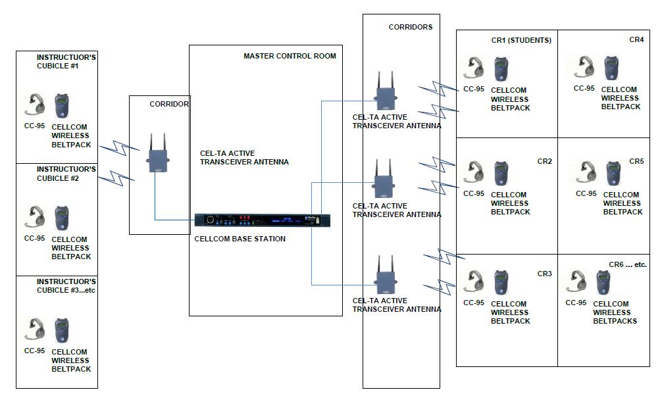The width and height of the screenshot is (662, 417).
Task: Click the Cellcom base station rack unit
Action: [x=262, y=220]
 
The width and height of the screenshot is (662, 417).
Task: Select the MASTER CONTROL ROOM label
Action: [x=290, y=57]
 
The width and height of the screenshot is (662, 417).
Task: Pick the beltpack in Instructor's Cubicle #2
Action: [x=62, y=219]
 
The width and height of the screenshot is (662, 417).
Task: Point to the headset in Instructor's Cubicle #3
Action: [x=36, y=329]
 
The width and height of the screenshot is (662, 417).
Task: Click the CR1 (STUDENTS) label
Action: [x=521, y=41]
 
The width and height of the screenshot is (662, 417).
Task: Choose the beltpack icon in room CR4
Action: [x=611, y=69]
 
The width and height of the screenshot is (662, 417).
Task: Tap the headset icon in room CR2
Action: [x=474, y=172]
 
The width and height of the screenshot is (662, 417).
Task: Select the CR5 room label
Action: [x=636, y=161]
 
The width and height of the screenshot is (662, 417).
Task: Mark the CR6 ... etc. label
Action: [x=628, y=264]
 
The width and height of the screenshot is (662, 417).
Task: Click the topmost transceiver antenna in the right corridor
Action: [x=385, y=91]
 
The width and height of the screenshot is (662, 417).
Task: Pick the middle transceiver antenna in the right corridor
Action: [x=384, y=179]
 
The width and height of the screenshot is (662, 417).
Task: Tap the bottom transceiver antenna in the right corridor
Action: [x=385, y=274]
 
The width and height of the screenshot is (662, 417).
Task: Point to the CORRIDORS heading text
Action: [x=411, y=28]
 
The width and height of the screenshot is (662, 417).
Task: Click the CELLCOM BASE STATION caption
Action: [x=240, y=239]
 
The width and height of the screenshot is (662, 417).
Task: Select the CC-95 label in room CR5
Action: [x=586, y=193]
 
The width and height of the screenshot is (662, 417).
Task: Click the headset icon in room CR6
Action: [x=578, y=282]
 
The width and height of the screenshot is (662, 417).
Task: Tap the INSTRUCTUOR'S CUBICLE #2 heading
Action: [x=66, y=174]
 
